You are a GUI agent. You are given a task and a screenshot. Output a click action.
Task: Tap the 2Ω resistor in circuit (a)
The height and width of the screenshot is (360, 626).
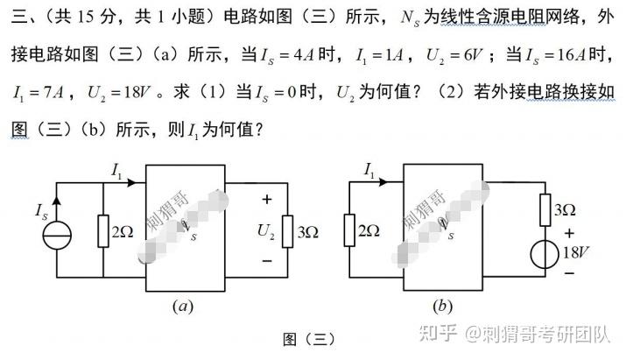point(104,232)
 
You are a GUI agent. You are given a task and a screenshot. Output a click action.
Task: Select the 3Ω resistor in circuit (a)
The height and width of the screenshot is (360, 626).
point(285,231)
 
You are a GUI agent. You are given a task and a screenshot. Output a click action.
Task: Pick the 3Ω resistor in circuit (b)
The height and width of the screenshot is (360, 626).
point(541,210)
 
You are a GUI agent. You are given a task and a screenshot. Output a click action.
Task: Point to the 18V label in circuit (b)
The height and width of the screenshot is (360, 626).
point(576,253)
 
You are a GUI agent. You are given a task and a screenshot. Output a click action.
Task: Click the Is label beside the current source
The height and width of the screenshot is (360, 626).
point(40,211)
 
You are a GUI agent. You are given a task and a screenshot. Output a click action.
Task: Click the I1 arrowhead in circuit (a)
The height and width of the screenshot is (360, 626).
point(132,184)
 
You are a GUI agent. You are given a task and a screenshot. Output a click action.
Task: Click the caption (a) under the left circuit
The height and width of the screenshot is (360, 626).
point(183,306)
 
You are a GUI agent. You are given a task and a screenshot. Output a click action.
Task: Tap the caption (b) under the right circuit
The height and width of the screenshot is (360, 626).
point(441,306)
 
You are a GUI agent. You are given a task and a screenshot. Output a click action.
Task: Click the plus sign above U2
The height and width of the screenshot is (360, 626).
point(267,200)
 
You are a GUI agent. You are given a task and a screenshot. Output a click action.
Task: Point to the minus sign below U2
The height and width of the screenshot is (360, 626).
point(266,261)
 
